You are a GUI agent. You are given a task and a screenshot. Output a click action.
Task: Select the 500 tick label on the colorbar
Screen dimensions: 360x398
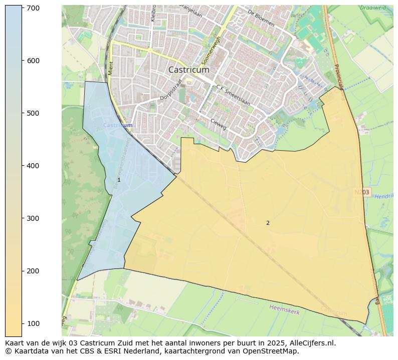tap(34, 113)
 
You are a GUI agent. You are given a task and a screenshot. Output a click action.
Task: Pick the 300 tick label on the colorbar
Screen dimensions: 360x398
tap(34, 218)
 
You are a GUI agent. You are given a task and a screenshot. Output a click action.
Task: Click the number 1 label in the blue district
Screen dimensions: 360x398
tap(119, 180)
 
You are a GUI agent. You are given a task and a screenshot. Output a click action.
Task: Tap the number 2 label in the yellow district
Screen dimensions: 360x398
tap(268, 223)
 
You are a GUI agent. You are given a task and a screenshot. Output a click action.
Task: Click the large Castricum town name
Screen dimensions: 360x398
tap(189, 70)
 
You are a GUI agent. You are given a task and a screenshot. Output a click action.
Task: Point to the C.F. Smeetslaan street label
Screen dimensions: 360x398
tap(233, 95)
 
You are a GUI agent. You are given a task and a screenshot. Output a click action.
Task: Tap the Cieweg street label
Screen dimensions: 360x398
tap(219, 124)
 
